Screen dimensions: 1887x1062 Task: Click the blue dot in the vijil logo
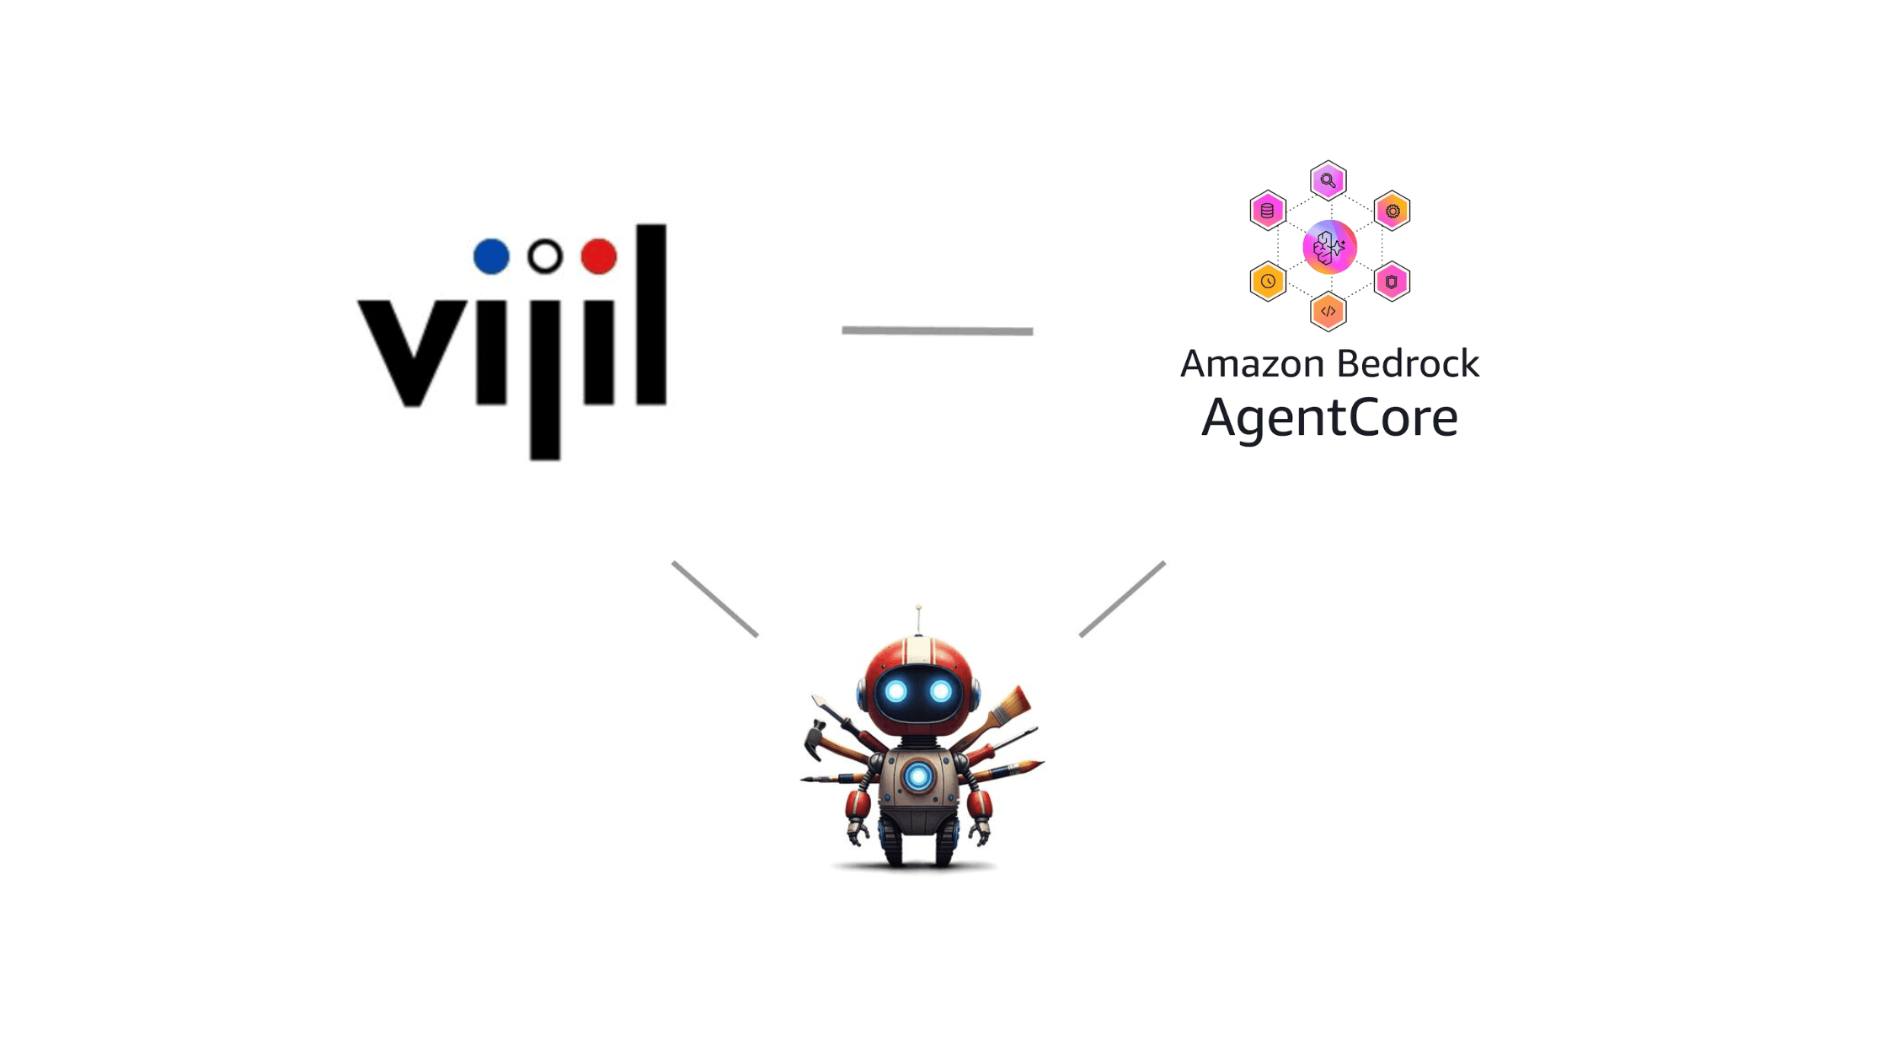pos(491,256)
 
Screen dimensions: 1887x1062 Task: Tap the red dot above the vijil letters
pos(599,256)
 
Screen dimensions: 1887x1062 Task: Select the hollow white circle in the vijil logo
pos(545,256)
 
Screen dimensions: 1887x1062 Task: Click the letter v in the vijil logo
pos(412,352)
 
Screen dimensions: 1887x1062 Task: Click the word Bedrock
pos(1408,364)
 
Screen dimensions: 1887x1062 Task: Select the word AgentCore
pos(1329,418)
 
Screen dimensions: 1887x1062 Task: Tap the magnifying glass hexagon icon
pos(1328,180)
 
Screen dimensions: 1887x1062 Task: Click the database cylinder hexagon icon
pos(1268,211)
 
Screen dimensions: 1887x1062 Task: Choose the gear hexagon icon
pos(1392,211)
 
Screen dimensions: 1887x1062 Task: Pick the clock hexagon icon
pos(1268,282)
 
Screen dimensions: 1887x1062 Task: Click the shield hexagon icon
pos(1392,282)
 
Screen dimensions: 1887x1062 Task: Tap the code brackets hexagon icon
pos(1328,312)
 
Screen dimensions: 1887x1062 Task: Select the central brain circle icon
pos(1329,247)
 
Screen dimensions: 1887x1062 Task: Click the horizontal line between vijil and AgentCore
pos(938,330)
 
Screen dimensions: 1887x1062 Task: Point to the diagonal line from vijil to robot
pos(715,599)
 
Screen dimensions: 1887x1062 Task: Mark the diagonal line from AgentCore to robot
pos(1122,599)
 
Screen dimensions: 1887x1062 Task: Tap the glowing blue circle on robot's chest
pos(918,776)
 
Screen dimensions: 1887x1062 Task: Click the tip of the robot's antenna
pos(918,608)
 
